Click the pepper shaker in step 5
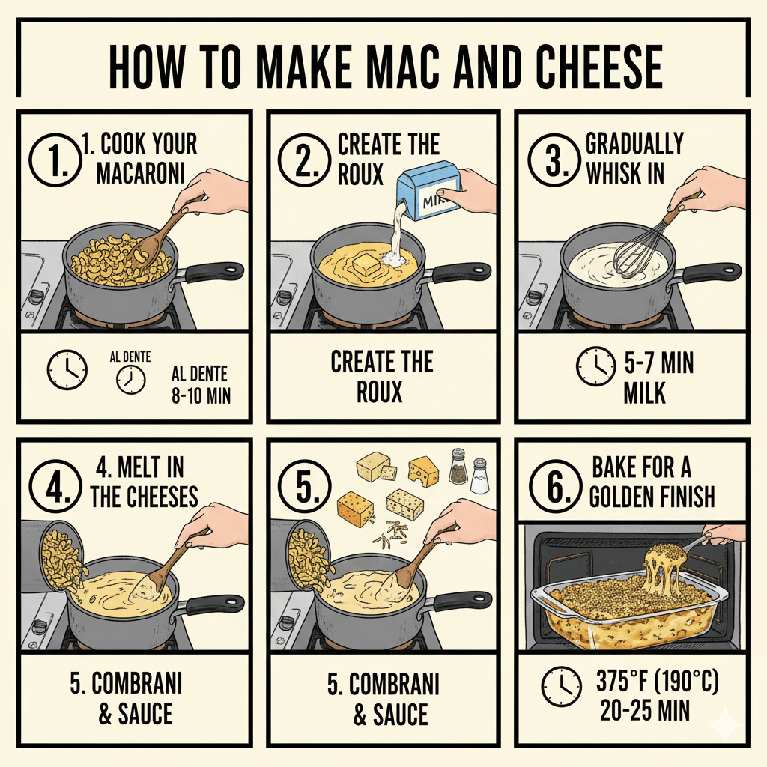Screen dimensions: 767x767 point(456,469)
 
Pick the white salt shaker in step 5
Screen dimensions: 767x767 point(479,476)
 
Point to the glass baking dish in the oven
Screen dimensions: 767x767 point(622,614)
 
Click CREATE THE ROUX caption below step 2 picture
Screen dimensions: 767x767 point(382,377)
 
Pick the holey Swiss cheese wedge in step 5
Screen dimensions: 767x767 point(424,472)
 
